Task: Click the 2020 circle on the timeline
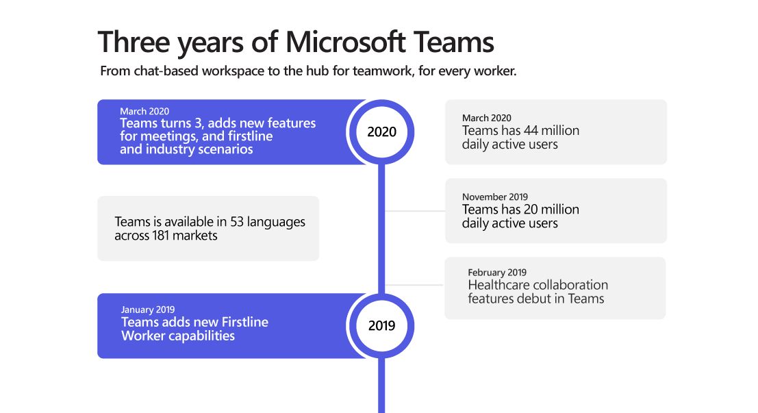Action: click(x=381, y=132)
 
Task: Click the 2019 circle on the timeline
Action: click(x=381, y=326)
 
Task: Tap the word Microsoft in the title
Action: click(x=345, y=42)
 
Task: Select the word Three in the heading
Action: click(x=134, y=42)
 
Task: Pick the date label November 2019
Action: click(x=495, y=197)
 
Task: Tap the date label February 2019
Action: click(x=497, y=273)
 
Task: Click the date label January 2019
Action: click(x=148, y=310)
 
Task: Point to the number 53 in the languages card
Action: click(x=237, y=222)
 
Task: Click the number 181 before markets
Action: click(x=161, y=236)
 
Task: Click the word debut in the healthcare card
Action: click(x=534, y=299)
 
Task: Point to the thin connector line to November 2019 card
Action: click(x=415, y=211)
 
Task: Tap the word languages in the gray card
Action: click(x=276, y=223)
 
